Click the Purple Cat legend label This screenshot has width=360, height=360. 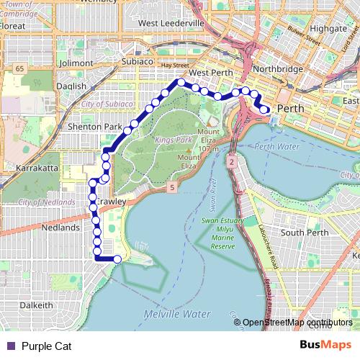pos(46,346)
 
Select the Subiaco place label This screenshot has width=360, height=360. pos(137,62)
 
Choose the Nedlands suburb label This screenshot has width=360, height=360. pos(61,227)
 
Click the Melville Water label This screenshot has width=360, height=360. pos(176,315)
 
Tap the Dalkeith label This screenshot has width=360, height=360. pos(37,305)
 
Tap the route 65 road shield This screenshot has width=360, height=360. pos(19,68)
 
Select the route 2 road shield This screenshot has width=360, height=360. pos(232,163)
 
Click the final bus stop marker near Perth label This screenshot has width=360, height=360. pos(265,109)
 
